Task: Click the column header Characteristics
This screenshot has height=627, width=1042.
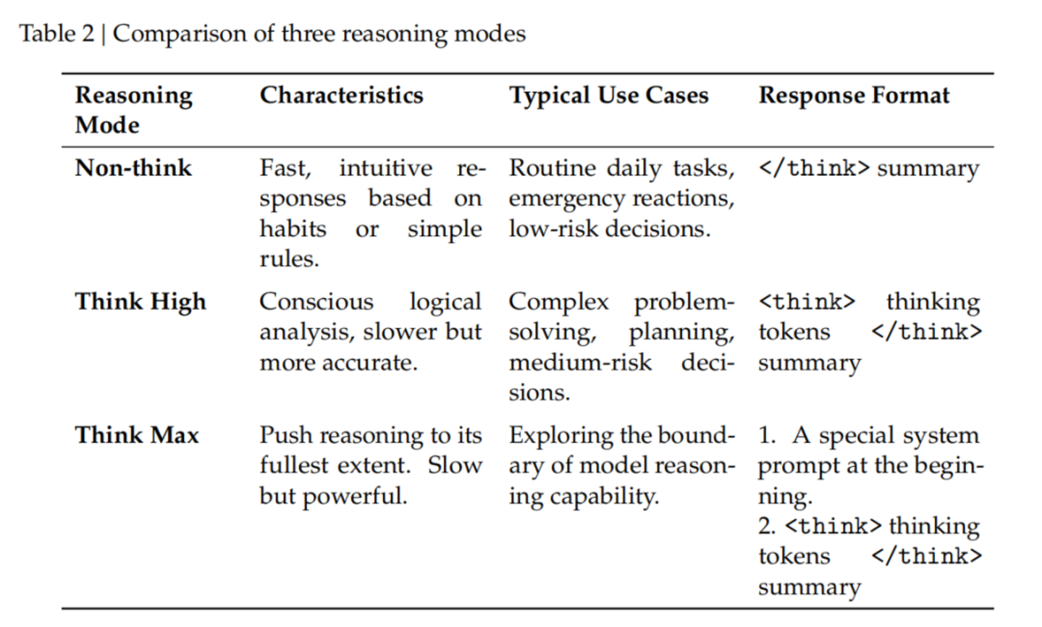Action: [x=342, y=96]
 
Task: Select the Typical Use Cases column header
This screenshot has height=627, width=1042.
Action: [x=608, y=96]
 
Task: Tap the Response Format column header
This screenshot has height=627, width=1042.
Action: [x=854, y=96]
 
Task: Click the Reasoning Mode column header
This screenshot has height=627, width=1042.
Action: [x=134, y=110]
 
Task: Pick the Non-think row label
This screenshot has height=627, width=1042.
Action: [x=133, y=168]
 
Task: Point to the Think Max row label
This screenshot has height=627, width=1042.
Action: [x=137, y=435]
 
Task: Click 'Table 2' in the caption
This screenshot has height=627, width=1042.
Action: [x=56, y=34]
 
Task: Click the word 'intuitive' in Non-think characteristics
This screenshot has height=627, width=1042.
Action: [x=386, y=168]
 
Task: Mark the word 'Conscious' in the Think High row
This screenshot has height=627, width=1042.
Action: [x=316, y=302]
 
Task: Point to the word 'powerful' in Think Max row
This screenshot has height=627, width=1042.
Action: [x=355, y=496]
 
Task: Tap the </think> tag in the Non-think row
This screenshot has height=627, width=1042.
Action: [x=814, y=169]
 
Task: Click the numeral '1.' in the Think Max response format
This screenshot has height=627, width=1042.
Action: [x=767, y=436]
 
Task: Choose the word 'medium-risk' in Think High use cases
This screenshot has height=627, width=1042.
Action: [x=581, y=363]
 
